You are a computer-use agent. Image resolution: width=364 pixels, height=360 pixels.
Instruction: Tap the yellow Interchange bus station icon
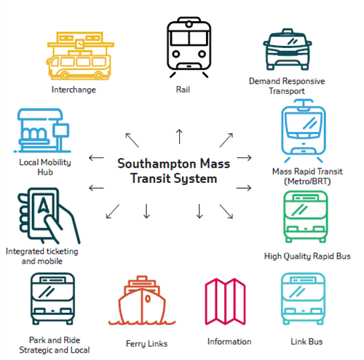point(80,56)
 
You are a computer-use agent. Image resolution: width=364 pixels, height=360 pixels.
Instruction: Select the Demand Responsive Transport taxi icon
point(288,50)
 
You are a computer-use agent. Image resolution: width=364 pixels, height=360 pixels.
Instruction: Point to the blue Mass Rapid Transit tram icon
point(304,130)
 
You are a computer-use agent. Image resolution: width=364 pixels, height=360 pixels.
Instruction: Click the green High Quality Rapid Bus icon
point(306,216)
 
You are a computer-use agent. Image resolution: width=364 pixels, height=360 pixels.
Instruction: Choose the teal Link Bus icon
point(303,299)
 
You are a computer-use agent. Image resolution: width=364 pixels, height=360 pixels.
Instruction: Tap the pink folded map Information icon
point(225,302)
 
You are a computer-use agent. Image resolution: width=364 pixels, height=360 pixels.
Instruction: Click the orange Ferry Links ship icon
point(142,300)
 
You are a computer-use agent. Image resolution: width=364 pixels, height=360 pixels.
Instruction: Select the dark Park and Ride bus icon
point(52,299)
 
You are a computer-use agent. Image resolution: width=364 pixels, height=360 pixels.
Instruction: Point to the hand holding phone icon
point(49,216)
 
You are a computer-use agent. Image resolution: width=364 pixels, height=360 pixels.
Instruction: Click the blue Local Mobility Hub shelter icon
point(42,130)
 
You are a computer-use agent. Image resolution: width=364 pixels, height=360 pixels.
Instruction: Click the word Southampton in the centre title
point(157,163)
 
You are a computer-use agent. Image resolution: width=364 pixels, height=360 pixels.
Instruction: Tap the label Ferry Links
point(146,344)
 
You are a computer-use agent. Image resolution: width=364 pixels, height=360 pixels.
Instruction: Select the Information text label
point(229,342)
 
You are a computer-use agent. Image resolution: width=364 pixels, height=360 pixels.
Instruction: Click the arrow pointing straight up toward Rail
point(179,136)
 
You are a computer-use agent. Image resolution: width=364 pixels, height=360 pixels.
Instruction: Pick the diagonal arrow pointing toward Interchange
point(132,140)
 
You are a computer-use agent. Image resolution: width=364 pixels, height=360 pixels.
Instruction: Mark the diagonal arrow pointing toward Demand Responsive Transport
point(226,140)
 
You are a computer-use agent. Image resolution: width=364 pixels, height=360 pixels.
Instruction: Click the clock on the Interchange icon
point(79,44)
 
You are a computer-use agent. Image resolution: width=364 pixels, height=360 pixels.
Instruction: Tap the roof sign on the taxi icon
point(288,31)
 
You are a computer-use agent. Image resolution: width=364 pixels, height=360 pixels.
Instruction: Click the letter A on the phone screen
point(44,205)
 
